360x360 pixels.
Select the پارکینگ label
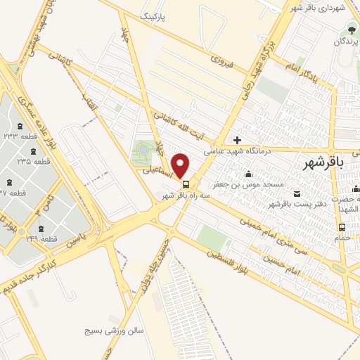point(156,15)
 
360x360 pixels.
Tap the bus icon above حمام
point(342,227)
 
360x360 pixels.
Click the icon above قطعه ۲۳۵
point(34,151)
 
